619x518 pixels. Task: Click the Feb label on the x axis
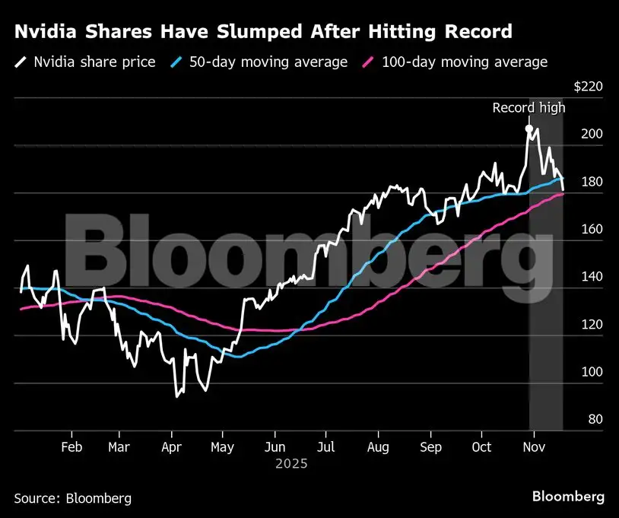point(71,447)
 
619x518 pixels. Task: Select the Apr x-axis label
point(172,447)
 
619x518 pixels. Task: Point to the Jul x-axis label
point(325,447)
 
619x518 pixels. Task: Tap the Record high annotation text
point(529,108)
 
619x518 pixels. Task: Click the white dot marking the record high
point(529,129)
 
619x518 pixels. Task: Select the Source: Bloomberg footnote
point(72,498)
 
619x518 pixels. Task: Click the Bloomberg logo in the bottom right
point(568,497)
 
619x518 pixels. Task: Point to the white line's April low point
point(177,396)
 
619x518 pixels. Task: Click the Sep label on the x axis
point(431,447)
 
